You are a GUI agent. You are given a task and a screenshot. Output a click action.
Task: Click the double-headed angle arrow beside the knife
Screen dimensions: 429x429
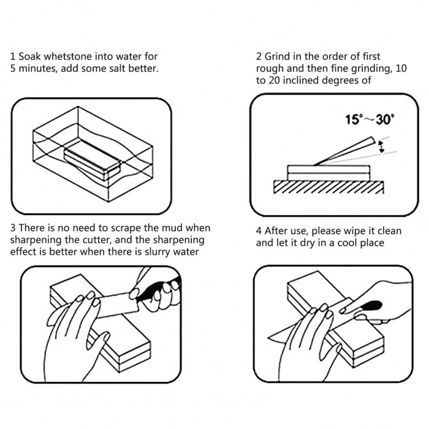(382, 146)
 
